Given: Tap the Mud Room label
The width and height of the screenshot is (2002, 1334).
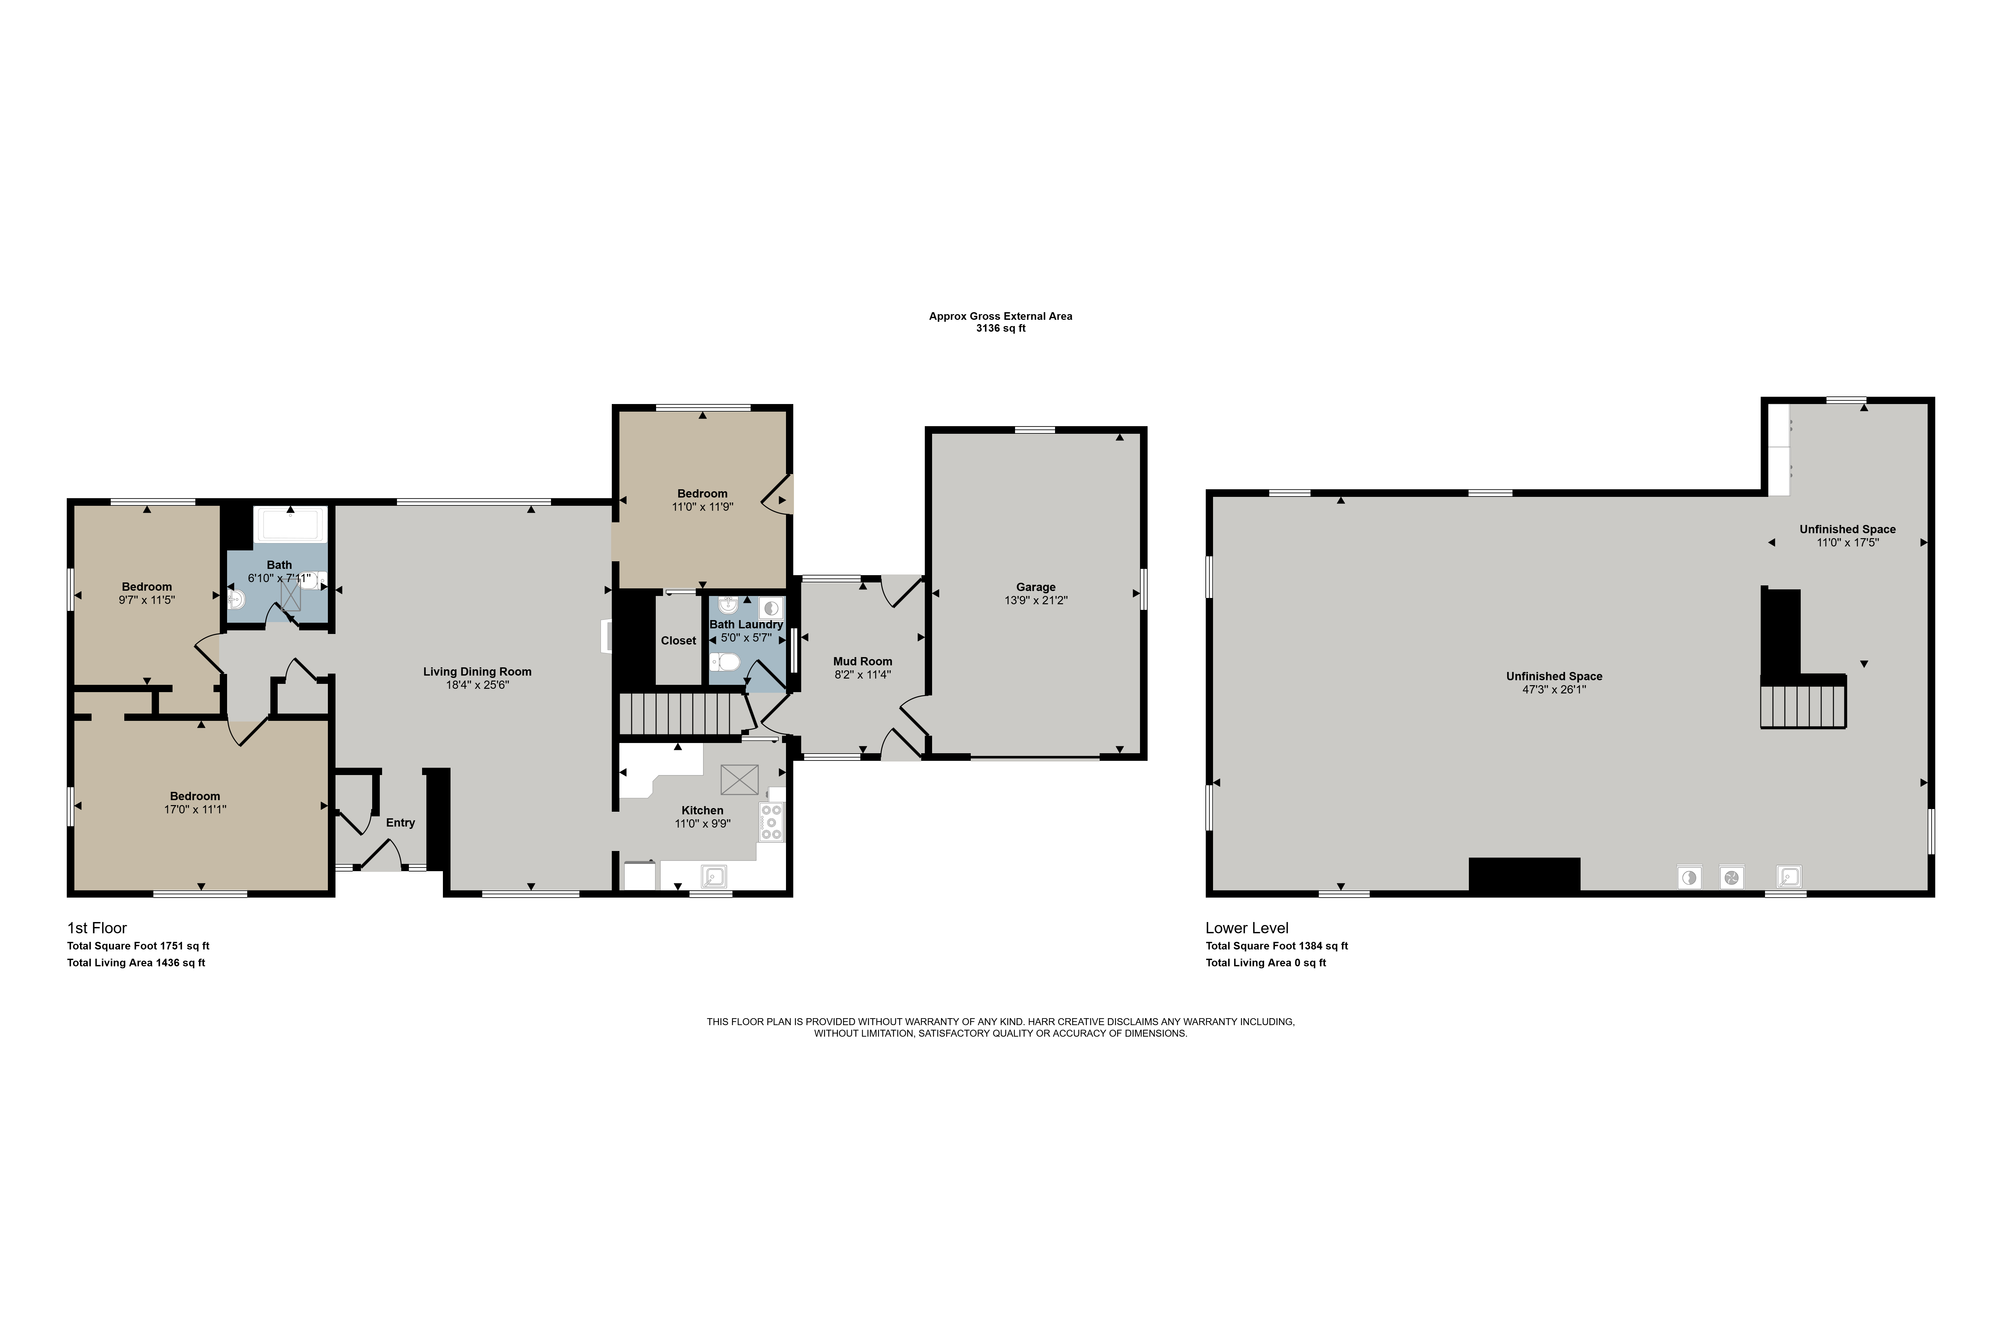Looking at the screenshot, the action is coord(862,661).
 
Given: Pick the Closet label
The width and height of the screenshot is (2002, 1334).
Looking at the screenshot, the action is coord(678,641).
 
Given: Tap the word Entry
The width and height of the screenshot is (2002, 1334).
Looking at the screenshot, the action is coord(400,823).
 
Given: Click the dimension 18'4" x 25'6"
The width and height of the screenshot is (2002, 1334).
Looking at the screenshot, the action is coord(478,685).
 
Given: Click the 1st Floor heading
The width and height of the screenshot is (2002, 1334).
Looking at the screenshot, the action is coord(97,928).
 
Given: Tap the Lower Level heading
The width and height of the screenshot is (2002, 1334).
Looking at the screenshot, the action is coord(1247,928).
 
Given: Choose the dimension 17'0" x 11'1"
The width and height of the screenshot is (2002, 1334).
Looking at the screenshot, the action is coord(195,810).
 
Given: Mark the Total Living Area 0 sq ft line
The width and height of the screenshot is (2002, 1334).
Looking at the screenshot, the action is coord(1266,963).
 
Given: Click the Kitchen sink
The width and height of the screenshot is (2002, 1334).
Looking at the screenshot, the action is coord(713,876).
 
